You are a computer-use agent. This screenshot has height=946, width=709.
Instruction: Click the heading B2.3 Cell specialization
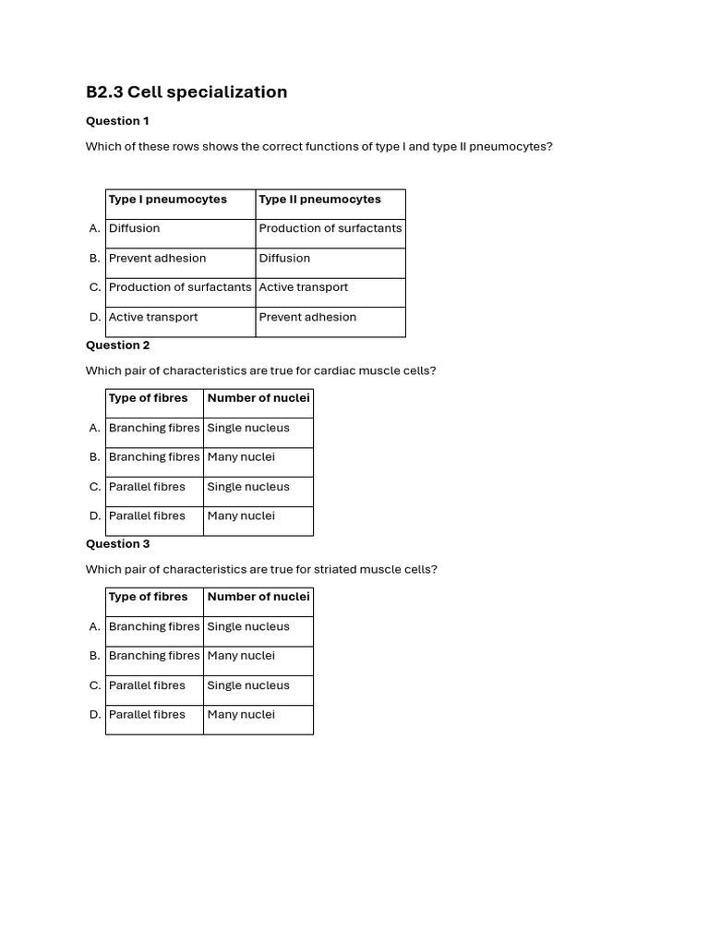tap(186, 91)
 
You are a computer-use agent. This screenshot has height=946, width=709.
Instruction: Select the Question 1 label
tap(117, 121)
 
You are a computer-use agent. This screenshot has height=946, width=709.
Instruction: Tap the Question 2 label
tap(117, 346)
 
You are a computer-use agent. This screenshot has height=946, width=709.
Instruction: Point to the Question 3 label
tap(117, 544)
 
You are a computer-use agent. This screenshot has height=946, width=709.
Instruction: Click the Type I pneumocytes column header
tap(167, 200)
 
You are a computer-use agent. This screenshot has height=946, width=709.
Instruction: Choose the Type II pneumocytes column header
tap(319, 200)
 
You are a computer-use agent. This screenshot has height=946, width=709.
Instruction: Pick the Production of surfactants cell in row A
tap(330, 228)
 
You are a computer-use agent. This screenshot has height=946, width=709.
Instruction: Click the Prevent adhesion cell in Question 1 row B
tap(157, 258)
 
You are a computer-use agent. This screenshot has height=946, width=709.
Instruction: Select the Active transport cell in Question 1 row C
tap(303, 287)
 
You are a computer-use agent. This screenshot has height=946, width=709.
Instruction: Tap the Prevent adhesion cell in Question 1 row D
tap(306, 317)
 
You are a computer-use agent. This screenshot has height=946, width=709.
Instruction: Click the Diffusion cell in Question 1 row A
tap(134, 228)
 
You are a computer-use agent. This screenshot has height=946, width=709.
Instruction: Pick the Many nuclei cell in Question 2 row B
tap(241, 457)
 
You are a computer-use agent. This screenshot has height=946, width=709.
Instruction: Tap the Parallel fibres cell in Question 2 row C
tap(147, 487)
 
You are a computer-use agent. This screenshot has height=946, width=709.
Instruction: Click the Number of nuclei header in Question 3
tap(258, 597)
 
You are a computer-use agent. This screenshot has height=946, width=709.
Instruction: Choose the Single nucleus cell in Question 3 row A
tap(248, 626)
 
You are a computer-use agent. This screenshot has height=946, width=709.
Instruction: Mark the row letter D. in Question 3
tap(95, 715)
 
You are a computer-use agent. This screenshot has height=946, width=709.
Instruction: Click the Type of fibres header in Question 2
tap(148, 398)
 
